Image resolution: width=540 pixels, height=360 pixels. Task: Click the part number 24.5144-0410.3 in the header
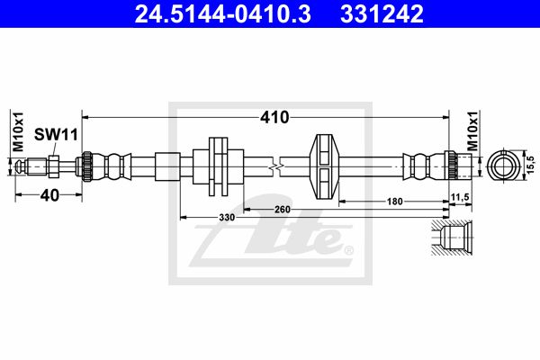click(223, 14)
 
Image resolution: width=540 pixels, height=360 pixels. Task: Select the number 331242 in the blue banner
click(382, 14)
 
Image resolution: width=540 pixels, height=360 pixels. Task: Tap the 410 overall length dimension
click(274, 118)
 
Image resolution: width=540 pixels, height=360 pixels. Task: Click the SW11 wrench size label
click(56, 135)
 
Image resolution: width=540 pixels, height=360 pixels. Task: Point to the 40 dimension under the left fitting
click(49, 195)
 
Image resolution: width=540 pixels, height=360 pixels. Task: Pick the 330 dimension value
click(227, 218)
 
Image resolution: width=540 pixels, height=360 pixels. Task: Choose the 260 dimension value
click(283, 209)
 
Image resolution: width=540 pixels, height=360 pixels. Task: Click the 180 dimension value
click(395, 202)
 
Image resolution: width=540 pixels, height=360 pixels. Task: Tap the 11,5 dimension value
click(460, 197)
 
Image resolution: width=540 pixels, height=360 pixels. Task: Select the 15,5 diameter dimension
click(531, 165)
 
